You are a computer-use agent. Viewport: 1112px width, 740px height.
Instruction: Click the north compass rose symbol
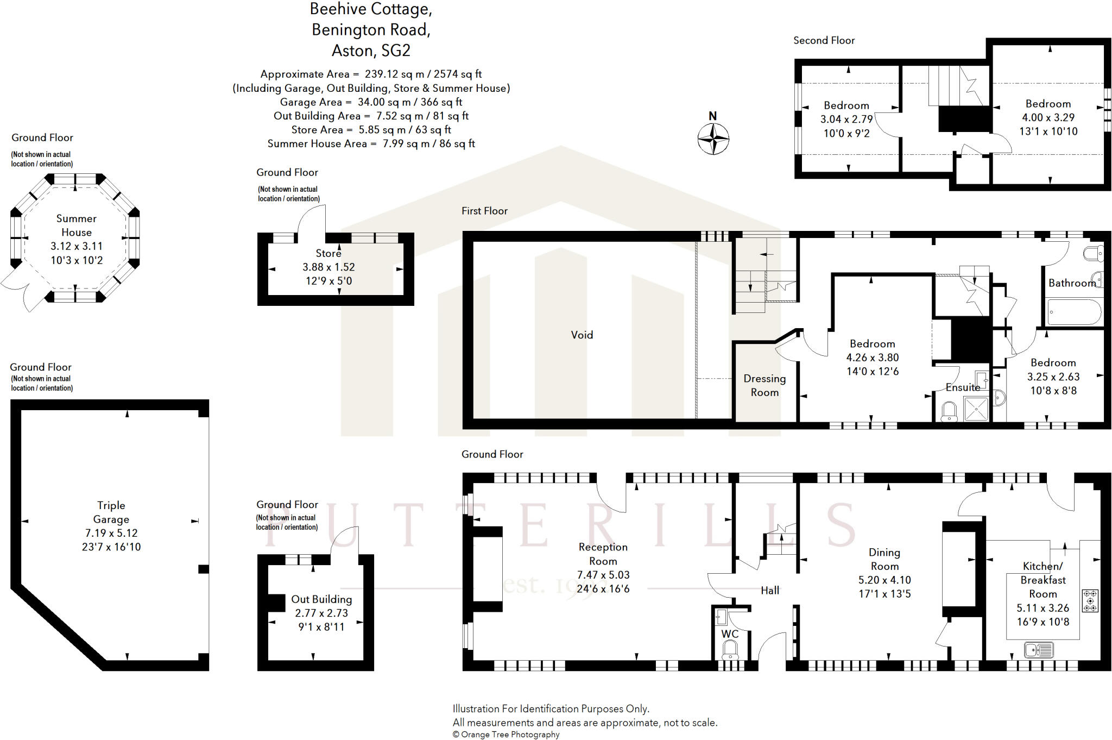click(713, 139)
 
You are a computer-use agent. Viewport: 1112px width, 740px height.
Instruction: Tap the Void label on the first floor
click(582, 335)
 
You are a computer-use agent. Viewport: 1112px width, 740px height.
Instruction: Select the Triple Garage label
click(111, 512)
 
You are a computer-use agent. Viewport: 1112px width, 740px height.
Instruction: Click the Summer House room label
click(77, 225)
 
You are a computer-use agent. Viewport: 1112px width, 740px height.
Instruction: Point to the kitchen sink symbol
click(1039, 649)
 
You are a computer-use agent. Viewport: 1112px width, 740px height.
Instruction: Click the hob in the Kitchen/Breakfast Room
click(1090, 601)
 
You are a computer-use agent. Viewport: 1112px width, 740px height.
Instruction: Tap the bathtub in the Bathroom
click(1075, 312)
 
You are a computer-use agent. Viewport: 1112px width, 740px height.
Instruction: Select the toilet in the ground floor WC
click(730, 650)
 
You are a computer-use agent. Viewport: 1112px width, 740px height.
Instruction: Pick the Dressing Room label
click(764, 385)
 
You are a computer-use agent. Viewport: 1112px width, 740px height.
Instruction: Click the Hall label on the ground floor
click(769, 591)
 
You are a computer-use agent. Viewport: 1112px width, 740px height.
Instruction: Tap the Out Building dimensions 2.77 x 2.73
click(321, 613)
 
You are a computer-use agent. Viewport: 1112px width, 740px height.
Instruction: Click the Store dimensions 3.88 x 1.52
click(328, 267)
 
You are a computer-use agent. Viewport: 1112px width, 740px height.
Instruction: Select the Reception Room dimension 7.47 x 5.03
click(603, 575)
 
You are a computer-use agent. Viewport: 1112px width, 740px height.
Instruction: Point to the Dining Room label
click(884, 559)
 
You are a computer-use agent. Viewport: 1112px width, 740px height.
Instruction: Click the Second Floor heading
click(824, 41)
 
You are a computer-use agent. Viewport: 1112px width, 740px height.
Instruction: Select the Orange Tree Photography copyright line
click(506, 735)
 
